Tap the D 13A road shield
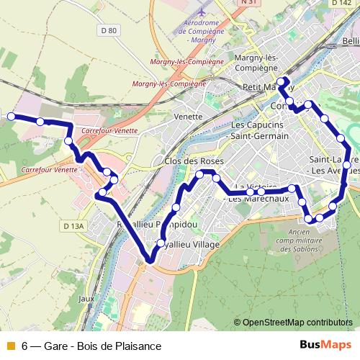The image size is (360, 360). [74, 226]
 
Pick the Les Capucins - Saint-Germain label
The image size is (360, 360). [259, 130]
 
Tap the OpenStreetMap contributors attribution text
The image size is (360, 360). [295, 323]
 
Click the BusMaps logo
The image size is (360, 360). [325, 345]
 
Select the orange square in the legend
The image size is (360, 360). [9, 346]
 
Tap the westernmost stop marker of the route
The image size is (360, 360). [12, 115]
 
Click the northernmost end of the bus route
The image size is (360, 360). [284, 79]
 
